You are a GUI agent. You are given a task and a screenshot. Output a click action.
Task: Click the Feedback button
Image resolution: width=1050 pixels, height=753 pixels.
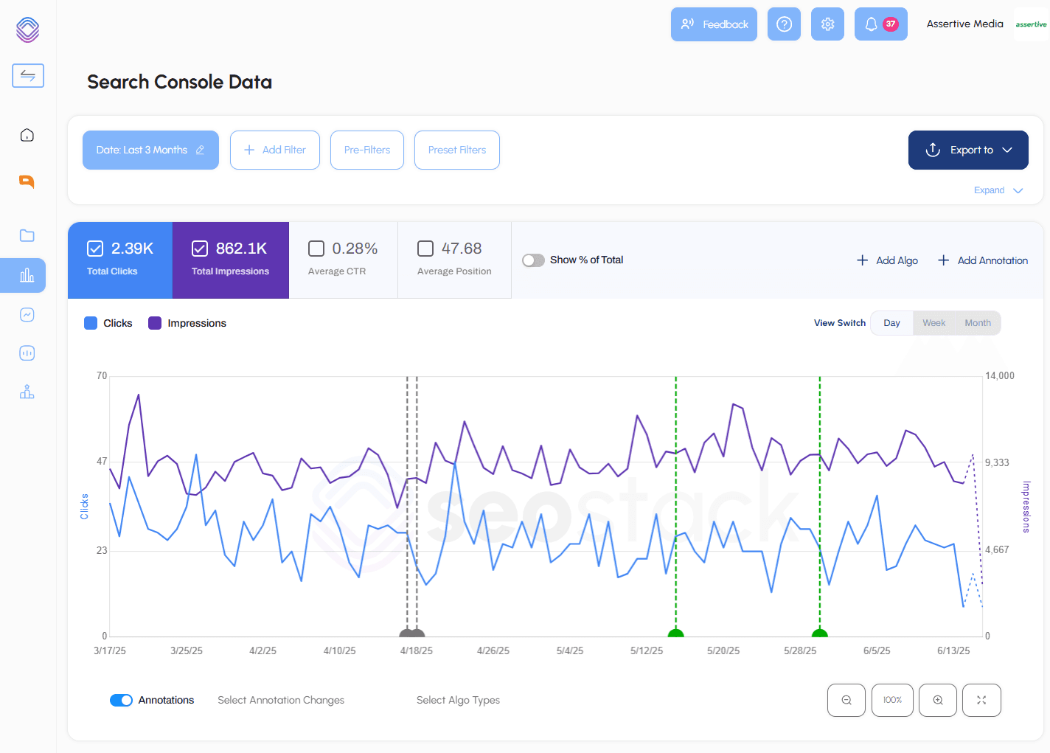[x=713, y=24]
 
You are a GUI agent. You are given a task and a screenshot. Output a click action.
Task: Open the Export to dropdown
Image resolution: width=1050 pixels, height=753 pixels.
[x=967, y=150]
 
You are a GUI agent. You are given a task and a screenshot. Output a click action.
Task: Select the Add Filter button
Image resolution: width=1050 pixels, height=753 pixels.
[x=274, y=150]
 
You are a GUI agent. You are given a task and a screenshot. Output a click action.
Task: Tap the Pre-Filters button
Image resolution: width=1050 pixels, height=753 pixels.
[x=366, y=150]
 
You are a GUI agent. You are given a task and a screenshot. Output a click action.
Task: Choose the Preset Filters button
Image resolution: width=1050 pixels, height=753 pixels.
[x=456, y=150]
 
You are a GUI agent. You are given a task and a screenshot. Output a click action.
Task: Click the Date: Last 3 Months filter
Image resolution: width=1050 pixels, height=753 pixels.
[x=150, y=150]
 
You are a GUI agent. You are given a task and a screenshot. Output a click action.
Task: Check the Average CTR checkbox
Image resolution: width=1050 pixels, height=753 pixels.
[x=316, y=249]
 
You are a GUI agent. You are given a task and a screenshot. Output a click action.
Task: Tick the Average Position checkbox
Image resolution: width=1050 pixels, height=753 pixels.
[x=425, y=249]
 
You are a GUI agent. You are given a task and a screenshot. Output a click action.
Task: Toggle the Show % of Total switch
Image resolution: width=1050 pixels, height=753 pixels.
[x=533, y=260]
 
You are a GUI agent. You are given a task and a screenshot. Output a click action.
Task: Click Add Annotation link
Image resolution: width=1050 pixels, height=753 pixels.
[x=982, y=260]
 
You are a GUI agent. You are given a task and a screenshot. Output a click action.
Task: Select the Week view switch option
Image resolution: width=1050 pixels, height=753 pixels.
[x=933, y=323]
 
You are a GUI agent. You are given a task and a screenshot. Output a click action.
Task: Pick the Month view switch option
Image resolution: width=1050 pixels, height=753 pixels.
[x=977, y=323]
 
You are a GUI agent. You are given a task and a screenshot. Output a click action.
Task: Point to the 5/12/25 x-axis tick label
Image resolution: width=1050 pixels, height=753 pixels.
[x=646, y=650]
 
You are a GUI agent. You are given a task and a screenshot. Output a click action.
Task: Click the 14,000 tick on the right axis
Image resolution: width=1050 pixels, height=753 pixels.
[x=999, y=376]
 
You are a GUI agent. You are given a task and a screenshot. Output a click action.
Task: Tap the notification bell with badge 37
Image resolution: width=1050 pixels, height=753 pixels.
[x=880, y=24]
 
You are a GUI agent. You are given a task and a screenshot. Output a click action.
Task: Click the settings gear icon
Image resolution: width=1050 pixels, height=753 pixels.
[x=827, y=24]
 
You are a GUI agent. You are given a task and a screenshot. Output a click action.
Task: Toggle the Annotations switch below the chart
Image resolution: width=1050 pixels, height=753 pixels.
[x=121, y=700]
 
